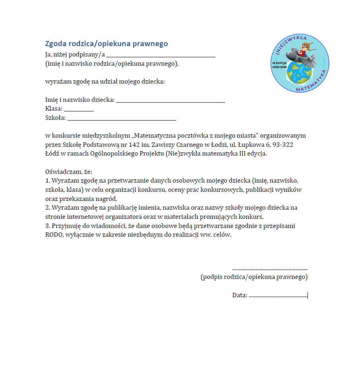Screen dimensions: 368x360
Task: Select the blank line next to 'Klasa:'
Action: pyautogui.click(x=79, y=110)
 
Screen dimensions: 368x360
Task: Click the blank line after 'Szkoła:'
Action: pyautogui.click(x=121, y=119)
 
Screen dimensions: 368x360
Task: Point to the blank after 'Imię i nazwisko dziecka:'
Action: pyautogui.click(x=171, y=101)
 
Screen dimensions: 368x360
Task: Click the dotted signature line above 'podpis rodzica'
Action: pyautogui.click(x=270, y=269)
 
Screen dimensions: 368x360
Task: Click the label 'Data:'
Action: pyautogui.click(x=240, y=295)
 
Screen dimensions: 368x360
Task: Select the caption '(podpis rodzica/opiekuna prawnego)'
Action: pyautogui.click(x=254, y=277)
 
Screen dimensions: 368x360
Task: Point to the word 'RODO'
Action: pyautogui.click(x=54, y=235)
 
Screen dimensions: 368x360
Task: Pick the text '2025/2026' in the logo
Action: pyautogui.click(x=279, y=67)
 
